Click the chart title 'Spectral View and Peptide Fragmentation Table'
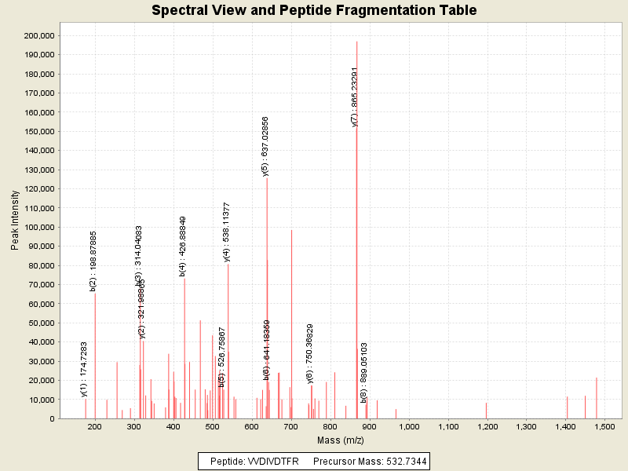point(314,10)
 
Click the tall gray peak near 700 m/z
point(291,314)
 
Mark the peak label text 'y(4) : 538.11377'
point(227,232)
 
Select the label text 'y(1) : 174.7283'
point(85,369)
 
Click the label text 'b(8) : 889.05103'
point(364,373)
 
